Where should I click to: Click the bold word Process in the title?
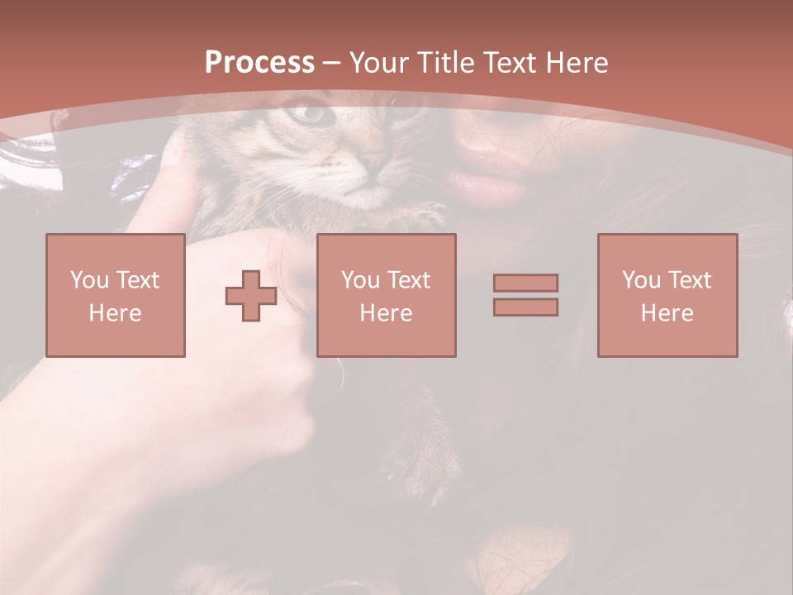click(259, 63)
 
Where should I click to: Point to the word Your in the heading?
click(378, 63)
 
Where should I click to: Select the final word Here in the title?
click(578, 63)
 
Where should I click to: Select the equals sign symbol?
click(525, 295)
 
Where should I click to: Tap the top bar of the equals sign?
click(525, 283)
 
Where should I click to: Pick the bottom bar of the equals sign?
click(525, 307)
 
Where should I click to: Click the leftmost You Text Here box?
click(116, 296)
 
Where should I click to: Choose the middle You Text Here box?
click(386, 296)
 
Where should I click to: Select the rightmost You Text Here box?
click(667, 296)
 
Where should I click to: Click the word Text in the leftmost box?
click(137, 280)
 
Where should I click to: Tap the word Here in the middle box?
click(386, 313)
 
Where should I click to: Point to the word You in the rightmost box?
click(641, 280)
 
